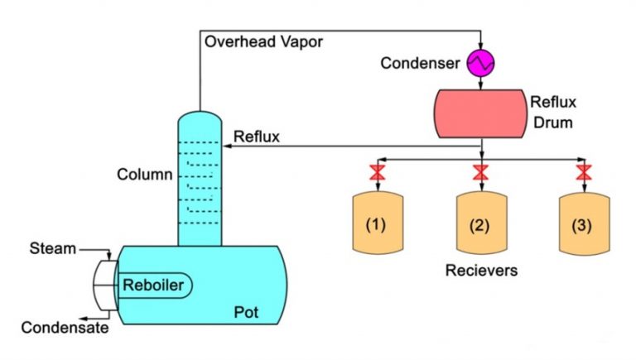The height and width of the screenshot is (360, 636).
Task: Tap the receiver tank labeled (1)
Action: pyautogui.click(x=378, y=223)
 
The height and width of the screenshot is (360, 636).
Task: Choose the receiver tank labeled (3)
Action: pyautogui.click(x=583, y=223)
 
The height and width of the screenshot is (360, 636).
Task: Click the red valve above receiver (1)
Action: pyautogui.click(x=378, y=173)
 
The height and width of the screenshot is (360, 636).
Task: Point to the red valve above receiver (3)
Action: pyautogui.click(x=583, y=173)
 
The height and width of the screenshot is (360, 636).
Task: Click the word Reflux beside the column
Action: pyautogui.click(x=256, y=136)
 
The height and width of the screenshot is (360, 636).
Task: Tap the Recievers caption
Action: pyautogui.click(x=479, y=271)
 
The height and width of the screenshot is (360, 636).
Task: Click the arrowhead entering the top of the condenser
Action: pyautogui.click(x=480, y=47)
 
